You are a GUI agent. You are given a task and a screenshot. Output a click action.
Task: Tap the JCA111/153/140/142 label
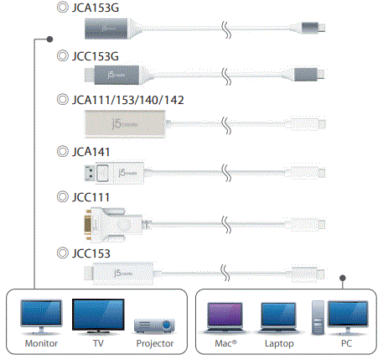tap(127, 100)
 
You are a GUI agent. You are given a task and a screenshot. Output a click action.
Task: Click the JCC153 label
tap(92, 252)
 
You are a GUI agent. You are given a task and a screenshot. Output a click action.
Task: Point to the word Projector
tap(154, 344)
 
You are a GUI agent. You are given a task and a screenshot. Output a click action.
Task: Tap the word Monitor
tap(40, 344)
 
